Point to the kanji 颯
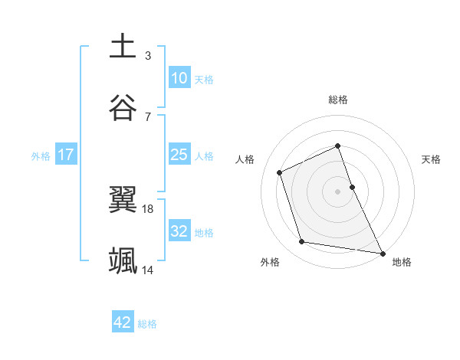(x=123, y=260)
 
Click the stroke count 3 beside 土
(x=148, y=55)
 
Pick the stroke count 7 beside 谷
(x=148, y=116)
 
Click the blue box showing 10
(x=179, y=78)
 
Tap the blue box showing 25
(x=179, y=155)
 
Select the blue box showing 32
(x=179, y=231)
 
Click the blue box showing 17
(x=66, y=155)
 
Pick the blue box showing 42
(x=123, y=322)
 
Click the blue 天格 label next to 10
(x=204, y=79)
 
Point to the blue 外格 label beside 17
(x=41, y=155)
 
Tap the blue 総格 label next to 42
(x=147, y=323)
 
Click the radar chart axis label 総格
(x=338, y=100)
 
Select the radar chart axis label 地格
(x=402, y=262)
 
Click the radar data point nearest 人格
(x=280, y=172)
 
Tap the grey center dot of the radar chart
(x=338, y=191)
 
